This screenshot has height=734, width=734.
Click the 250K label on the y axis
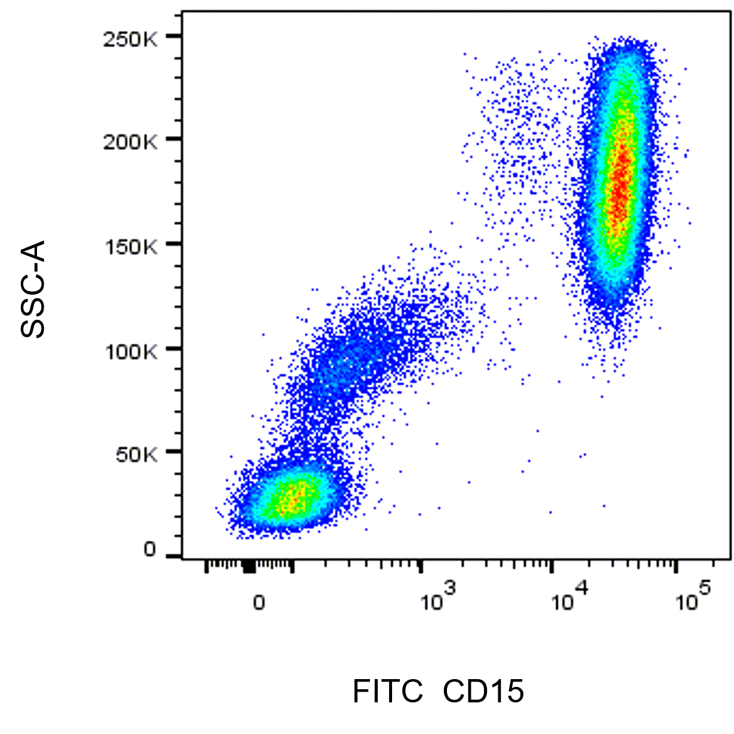130,39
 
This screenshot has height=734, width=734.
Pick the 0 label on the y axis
150,549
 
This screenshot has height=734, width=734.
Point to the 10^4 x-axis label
570,597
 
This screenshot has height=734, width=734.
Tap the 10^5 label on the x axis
693,597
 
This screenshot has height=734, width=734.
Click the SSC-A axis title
33,289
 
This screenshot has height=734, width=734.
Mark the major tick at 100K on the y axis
174,348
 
